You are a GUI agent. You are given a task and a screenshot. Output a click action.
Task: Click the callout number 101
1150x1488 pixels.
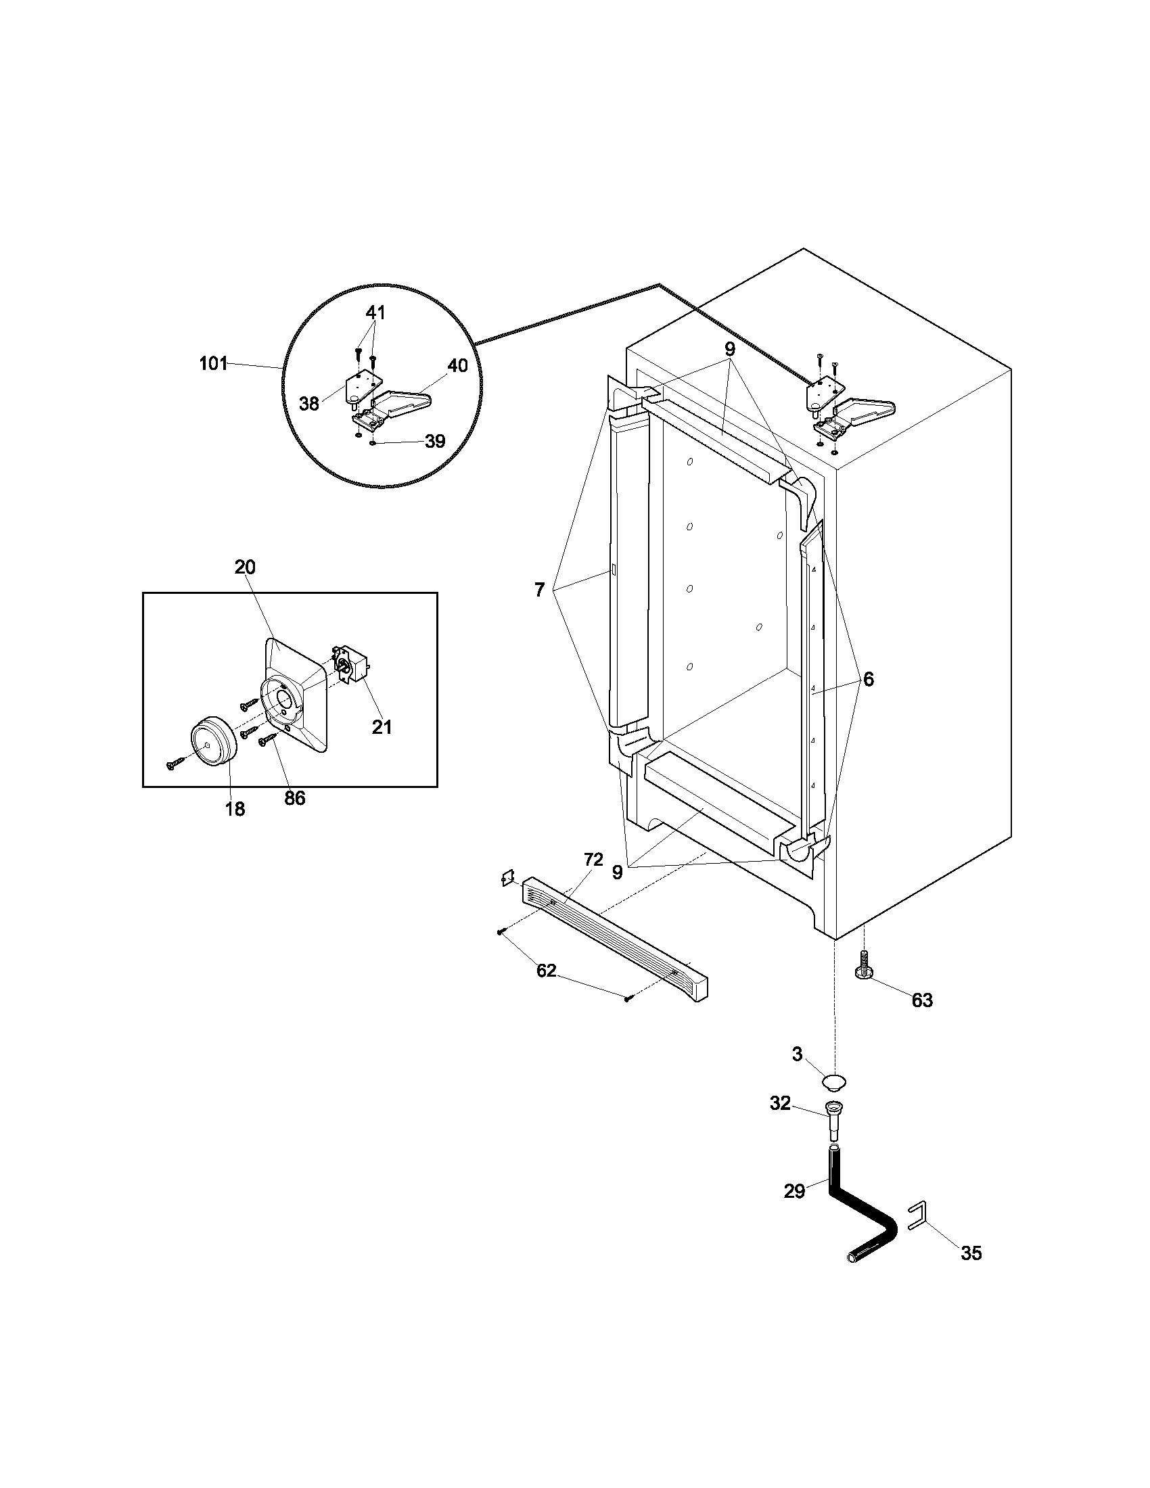(x=213, y=364)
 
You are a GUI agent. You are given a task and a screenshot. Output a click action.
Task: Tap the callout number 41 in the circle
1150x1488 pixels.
(x=375, y=312)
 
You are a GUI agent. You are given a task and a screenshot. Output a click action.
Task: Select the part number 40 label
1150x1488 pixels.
(x=457, y=366)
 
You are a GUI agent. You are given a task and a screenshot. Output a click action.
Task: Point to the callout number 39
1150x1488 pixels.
(x=435, y=442)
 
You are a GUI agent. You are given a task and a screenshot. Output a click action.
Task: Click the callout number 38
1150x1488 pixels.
(x=309, y=404)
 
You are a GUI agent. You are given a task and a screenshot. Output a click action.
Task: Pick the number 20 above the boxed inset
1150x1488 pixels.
(x=246, y=567)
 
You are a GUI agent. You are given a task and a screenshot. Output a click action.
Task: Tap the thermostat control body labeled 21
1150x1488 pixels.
(x=352, y=663)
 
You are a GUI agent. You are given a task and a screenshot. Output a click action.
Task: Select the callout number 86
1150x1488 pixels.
(x=294, y=798)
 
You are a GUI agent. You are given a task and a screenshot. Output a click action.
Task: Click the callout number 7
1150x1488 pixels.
(x=540, y=590)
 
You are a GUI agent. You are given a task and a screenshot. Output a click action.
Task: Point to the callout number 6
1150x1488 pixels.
(x=868, y=679)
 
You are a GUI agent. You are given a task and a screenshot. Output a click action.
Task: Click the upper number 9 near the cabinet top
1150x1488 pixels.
(x=730, y=350)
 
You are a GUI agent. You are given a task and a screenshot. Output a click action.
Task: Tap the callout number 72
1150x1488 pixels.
(x=593, y=860)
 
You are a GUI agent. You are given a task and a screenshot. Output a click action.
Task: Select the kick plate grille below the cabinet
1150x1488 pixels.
(x=613, y=939)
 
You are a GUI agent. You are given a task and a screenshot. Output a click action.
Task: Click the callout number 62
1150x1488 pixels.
(x=547, y=971)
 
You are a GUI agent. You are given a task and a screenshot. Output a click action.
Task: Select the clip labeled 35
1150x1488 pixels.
(x=919, y=1217)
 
